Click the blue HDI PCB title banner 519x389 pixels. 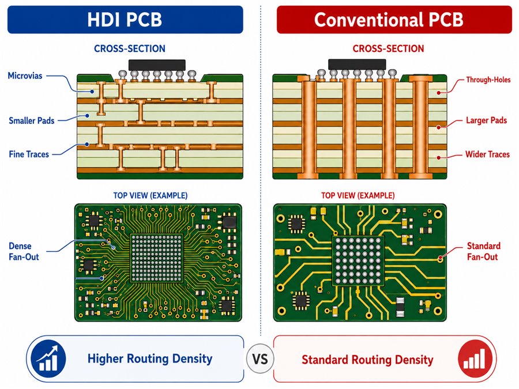125,20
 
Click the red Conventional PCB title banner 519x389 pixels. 394,20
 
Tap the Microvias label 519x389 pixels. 25,75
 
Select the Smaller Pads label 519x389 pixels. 32,121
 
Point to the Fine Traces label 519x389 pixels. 29,154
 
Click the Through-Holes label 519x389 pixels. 488,80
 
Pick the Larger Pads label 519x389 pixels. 486,120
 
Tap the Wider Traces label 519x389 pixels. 487,154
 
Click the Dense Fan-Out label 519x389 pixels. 24,251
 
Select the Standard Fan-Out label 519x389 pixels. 483,251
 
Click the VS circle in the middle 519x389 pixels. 260,359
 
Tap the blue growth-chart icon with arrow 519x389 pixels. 48,358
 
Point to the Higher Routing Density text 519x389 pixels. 150,359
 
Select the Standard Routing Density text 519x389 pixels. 367,360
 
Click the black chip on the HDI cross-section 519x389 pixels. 157,65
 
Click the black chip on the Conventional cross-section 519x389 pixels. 357,65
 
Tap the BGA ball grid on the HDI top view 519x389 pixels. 156,258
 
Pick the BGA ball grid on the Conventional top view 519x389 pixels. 358,260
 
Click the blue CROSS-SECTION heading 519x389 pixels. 129,48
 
